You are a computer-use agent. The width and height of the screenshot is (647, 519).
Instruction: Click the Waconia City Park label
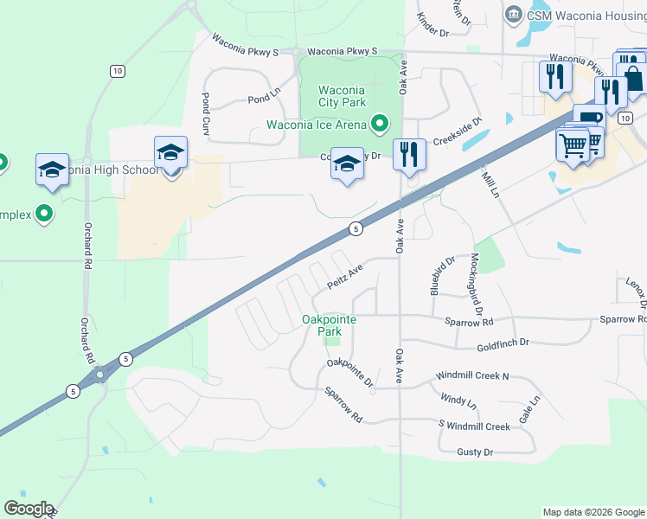[342, 96]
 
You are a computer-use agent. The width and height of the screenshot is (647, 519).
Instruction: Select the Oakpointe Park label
[329, 325]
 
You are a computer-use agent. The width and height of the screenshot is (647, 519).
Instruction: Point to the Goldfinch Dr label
[503, 344]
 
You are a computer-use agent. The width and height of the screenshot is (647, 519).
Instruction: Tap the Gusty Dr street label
[475, 452]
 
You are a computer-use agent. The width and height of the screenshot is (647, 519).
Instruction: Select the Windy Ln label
[458, 402]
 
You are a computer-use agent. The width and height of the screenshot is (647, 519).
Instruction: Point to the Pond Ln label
[265, 99]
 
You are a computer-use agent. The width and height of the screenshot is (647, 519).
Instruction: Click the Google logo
[29, 509]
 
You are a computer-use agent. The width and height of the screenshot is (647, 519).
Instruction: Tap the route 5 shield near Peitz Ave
[355, 228]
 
